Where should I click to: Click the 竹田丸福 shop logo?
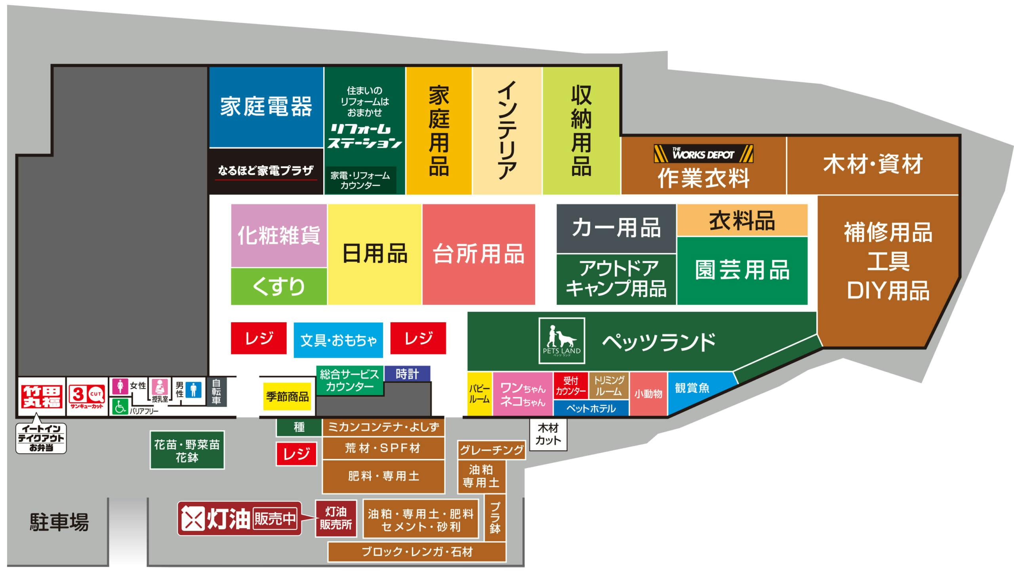(41, 396)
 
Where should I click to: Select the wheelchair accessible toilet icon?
(120, 406)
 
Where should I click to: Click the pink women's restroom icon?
(120, 386)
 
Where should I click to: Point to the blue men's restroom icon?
(194, 389)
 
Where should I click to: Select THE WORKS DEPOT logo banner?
(703, 154)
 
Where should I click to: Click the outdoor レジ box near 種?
(296, 454)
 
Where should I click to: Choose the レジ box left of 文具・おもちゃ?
(259, 338)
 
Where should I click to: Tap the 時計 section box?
(407, 374)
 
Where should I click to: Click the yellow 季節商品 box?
(287, 396)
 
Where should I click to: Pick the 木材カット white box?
(548, 434)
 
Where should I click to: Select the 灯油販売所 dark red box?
(336, 518)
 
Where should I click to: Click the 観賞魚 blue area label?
(692, 388)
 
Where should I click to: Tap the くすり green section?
(279, 286)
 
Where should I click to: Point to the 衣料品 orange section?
(742, 220)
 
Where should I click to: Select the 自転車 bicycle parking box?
(216, 392)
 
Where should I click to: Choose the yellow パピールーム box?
(480, 394)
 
